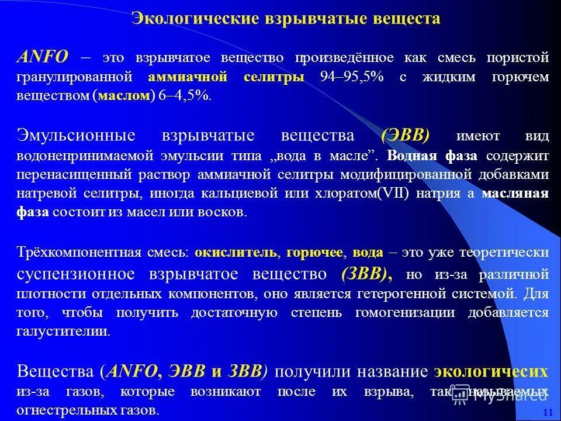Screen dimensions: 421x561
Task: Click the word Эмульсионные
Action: (77, 136)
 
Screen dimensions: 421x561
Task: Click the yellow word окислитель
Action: (236, 253)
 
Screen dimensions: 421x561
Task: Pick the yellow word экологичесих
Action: (491, 371)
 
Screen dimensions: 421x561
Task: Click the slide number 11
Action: (548, 413)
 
